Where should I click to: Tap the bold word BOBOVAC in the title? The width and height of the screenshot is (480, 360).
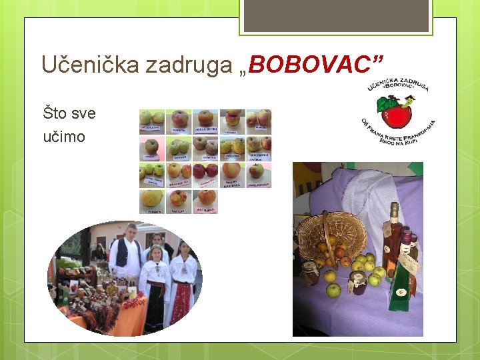click(314, 65)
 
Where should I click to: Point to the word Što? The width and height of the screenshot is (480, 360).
click(54, 113)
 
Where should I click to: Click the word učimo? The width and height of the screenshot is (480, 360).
click(64, 137)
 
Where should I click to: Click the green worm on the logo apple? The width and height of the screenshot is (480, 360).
click(406, 101)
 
